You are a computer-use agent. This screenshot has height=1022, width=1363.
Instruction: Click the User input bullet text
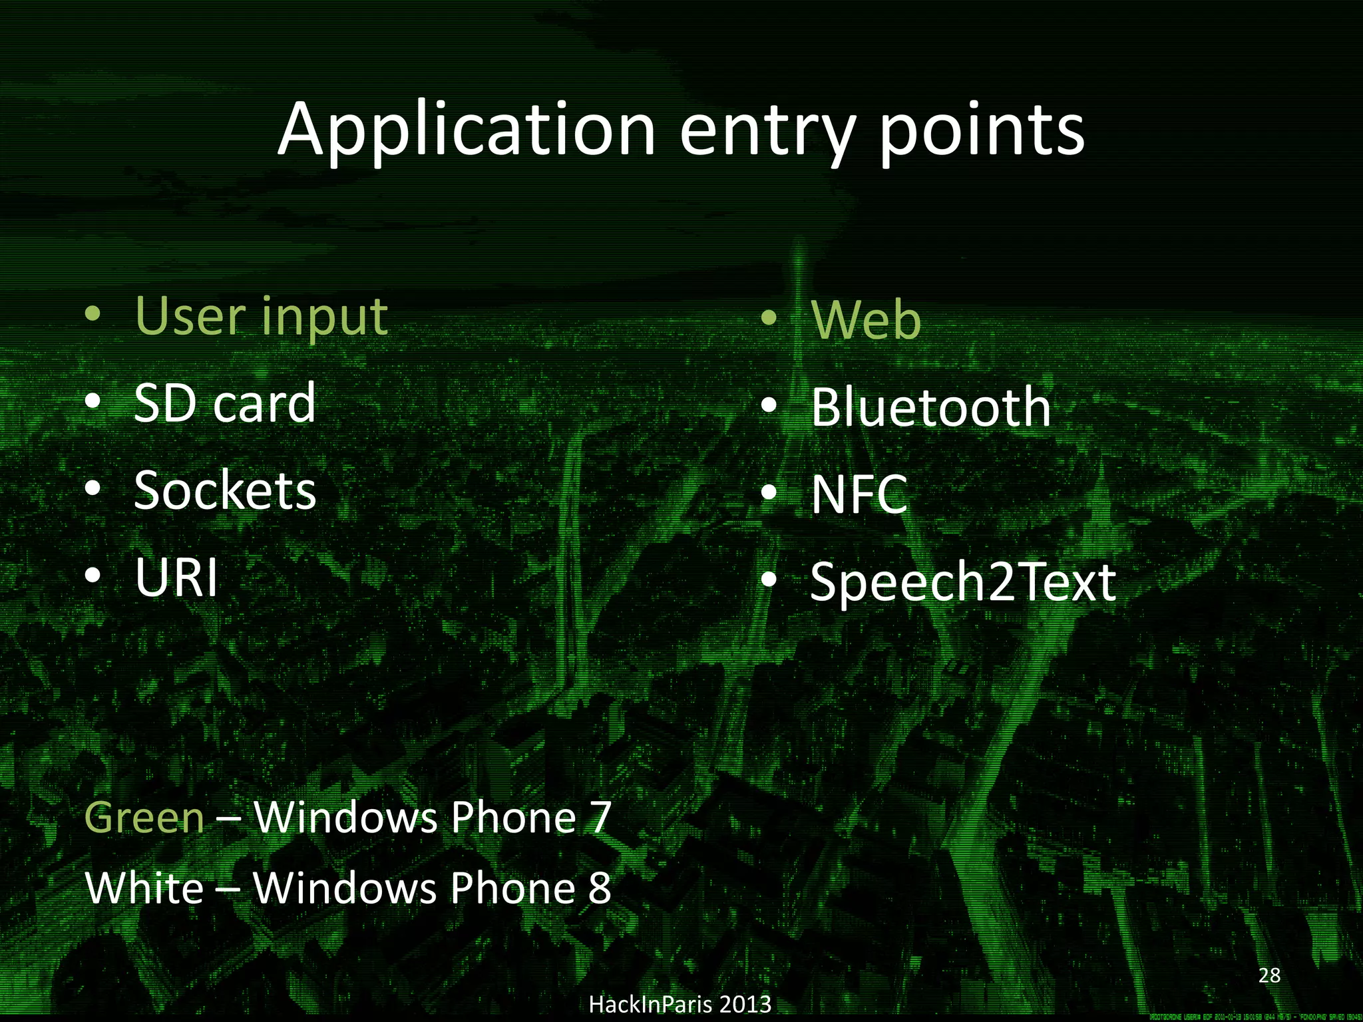261,317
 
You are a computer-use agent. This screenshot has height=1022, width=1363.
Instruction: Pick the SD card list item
224,403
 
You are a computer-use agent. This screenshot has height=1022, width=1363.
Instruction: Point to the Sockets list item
224,490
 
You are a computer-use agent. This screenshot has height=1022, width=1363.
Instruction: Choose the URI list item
176,577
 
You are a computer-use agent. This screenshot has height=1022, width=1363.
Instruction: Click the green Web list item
866,321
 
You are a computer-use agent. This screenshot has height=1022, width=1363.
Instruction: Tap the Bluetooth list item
930,407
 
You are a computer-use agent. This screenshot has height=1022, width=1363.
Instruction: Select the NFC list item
859,495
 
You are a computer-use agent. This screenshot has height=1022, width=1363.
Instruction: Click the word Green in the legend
144,817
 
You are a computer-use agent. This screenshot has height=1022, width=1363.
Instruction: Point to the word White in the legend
144,888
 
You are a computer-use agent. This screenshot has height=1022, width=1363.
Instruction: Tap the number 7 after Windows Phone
600,817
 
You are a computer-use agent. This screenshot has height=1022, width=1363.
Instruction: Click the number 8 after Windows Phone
600,888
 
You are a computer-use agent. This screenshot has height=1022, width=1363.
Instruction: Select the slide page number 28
1269,975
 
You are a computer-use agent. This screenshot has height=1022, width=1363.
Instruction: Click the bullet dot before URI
94,576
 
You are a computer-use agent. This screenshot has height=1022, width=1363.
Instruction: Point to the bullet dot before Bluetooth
769,405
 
